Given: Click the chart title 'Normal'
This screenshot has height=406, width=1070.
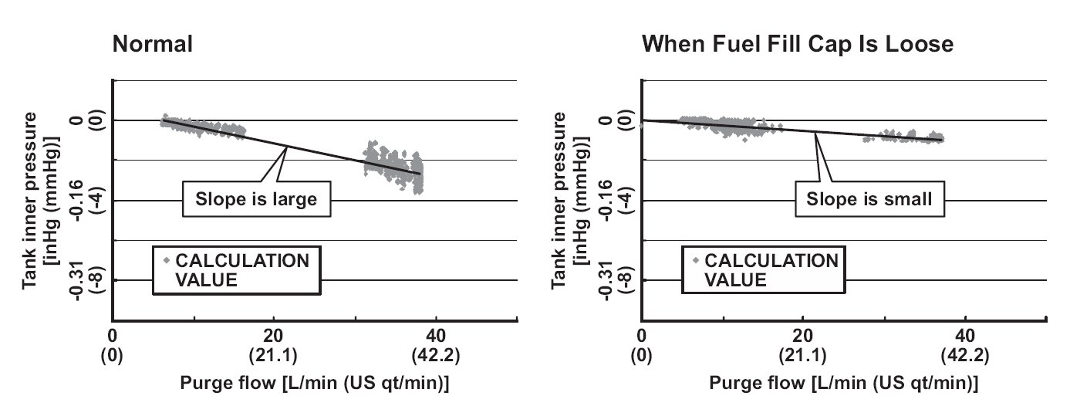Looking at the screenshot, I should click(x=153, y=45).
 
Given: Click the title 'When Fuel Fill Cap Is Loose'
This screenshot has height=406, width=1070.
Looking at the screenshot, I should click(x=798, y=45).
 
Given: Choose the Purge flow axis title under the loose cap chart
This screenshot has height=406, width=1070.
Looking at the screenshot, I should click(x=844, y=384).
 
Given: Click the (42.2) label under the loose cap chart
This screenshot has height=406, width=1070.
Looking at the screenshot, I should click(x=966, y=357).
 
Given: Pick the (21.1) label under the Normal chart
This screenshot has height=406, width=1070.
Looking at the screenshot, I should click(x=273, y=357).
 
